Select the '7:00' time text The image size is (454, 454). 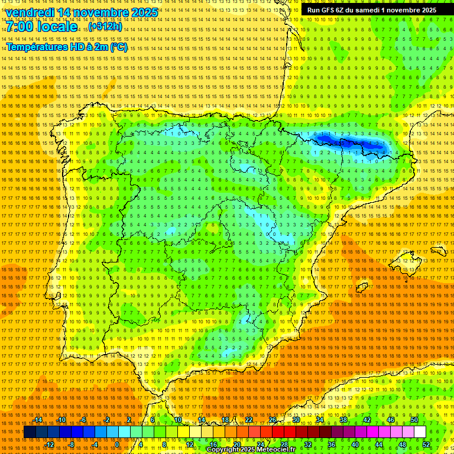[22, 27]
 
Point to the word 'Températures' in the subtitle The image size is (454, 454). [36, 47]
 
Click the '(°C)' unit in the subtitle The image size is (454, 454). [118, 47]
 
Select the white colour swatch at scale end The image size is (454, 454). [420, 432]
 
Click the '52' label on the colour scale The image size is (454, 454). [426, 445]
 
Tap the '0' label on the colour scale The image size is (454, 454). [117, 445]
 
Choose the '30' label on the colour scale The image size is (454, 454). [296, 420]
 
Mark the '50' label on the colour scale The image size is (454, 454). [414, 420]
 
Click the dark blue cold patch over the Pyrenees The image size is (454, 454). [349, 142]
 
